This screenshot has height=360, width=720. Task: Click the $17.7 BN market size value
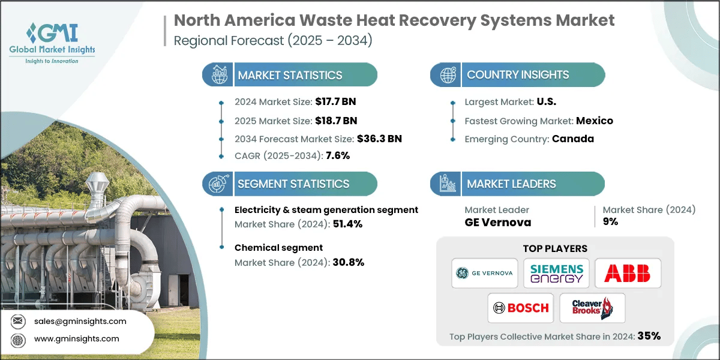pyautogui.click(x=331, y=101)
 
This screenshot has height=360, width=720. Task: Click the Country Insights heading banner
pyautogui.click(x=518, y=75)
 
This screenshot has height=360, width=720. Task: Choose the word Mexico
pyautogui.click(x=594, y=121)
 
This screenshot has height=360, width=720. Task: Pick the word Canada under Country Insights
pyautogui.click(x=573, y=139)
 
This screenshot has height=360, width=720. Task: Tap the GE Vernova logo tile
pyautogui.click(x=485, y=273)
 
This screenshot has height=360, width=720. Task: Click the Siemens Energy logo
pyautogui.click(x=556, y=273)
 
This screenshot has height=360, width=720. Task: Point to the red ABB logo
pyautogui.click(x=628, y=273)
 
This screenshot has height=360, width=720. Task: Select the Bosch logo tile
pyautogui.click(x=521, y=308)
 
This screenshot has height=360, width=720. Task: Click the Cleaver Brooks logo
pyautogui.click(x=592, y=308)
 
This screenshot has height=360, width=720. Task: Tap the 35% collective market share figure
pyautogui.click(x=649, y=336)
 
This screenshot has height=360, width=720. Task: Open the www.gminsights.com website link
pyautogui.click(x=76, y=338)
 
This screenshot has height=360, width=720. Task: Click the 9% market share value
pyautogui.click(x=610, y=221)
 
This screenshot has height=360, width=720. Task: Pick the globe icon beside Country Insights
pyautogui.click(x=448, y=75)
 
